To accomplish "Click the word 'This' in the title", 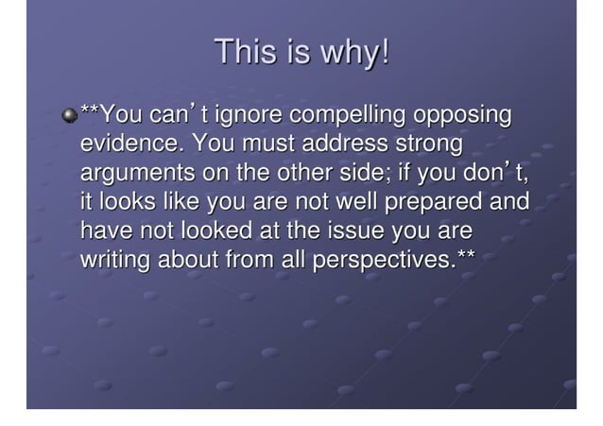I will click(x=243, y=53).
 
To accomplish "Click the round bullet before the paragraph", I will click(x=68, y=117).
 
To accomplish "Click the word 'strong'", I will click(x=430, y=145).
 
